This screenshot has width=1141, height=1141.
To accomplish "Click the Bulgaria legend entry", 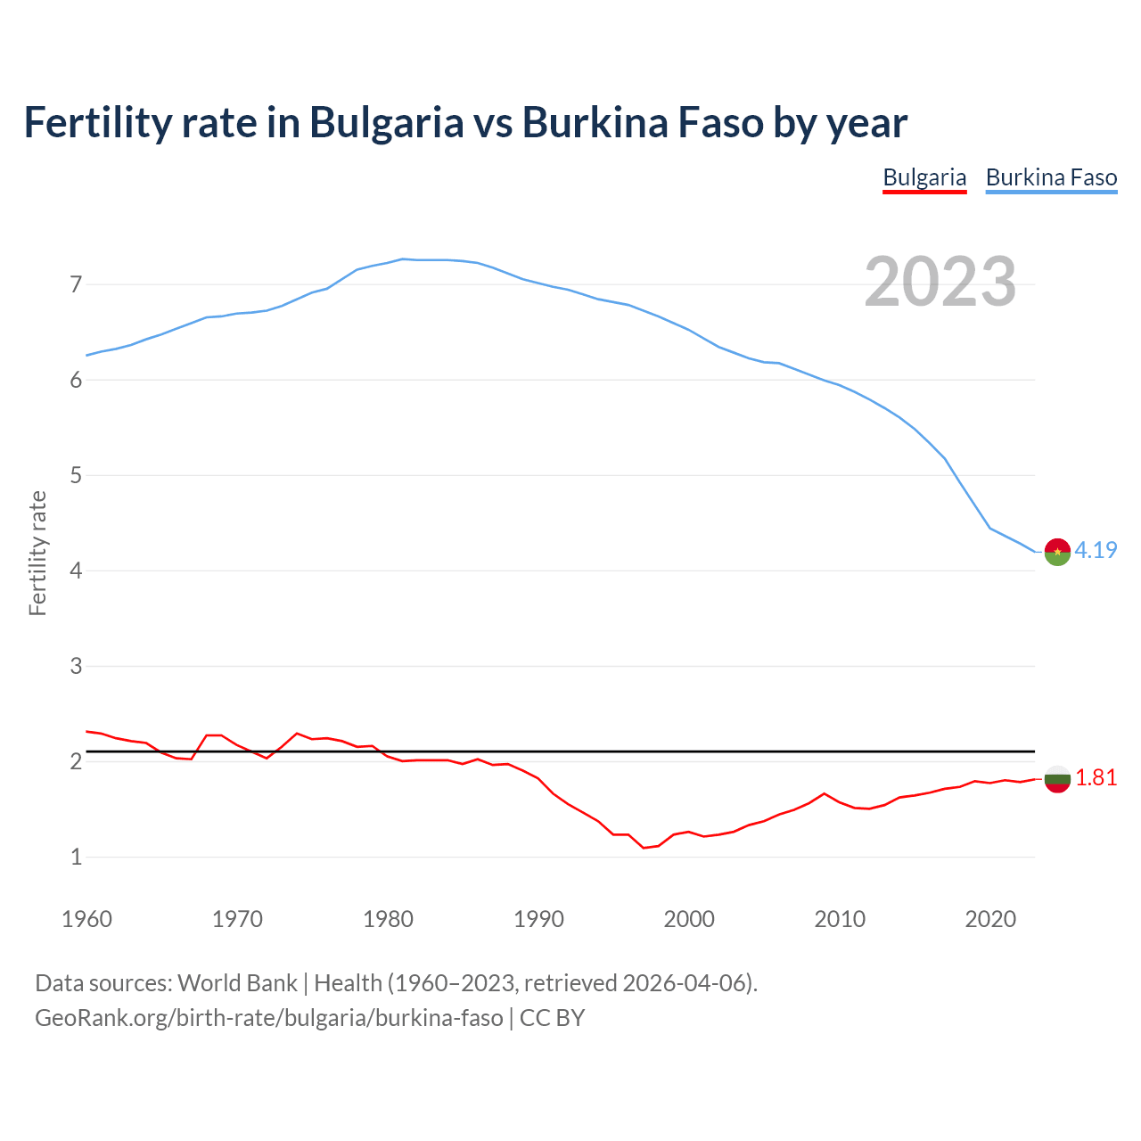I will (x=924, y=177).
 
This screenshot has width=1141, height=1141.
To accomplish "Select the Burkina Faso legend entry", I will (x=1051, y=177).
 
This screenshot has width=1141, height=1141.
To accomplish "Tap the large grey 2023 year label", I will (x=940, y=282).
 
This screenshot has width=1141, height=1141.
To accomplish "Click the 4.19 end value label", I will (x=1096, y=550).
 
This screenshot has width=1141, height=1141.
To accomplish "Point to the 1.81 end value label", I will (x=1096, y=778).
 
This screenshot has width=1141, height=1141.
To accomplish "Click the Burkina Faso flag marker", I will (x=1057, y=553).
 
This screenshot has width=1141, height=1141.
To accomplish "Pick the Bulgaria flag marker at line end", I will (x=1057, y=779).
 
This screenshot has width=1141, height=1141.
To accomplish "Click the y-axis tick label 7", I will (x=76, y=285).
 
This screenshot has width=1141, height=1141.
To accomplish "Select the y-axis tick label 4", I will (x=76, y=570).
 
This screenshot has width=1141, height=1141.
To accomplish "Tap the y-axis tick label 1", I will (x=76, y=857).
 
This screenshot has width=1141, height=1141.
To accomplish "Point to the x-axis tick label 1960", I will (x=86, y=919).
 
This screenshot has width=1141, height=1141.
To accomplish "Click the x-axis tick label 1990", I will (x=538, y=919).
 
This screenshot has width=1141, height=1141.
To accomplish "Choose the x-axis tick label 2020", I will (x=990, y=919).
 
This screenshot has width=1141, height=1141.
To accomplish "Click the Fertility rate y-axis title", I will (x=37, y=553).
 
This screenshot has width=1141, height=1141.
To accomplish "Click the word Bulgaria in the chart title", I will (x=386, y=122).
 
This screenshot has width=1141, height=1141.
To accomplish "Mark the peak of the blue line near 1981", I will (x=403, y=259).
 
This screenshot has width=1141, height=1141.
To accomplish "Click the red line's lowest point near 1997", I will (x=644, y=848).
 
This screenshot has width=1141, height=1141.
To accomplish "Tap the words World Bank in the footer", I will (x=237, y=983).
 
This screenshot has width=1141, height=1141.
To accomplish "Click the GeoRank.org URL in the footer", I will (x=268, y=1018).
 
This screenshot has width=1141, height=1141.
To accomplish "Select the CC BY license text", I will (x=552, y=1018).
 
